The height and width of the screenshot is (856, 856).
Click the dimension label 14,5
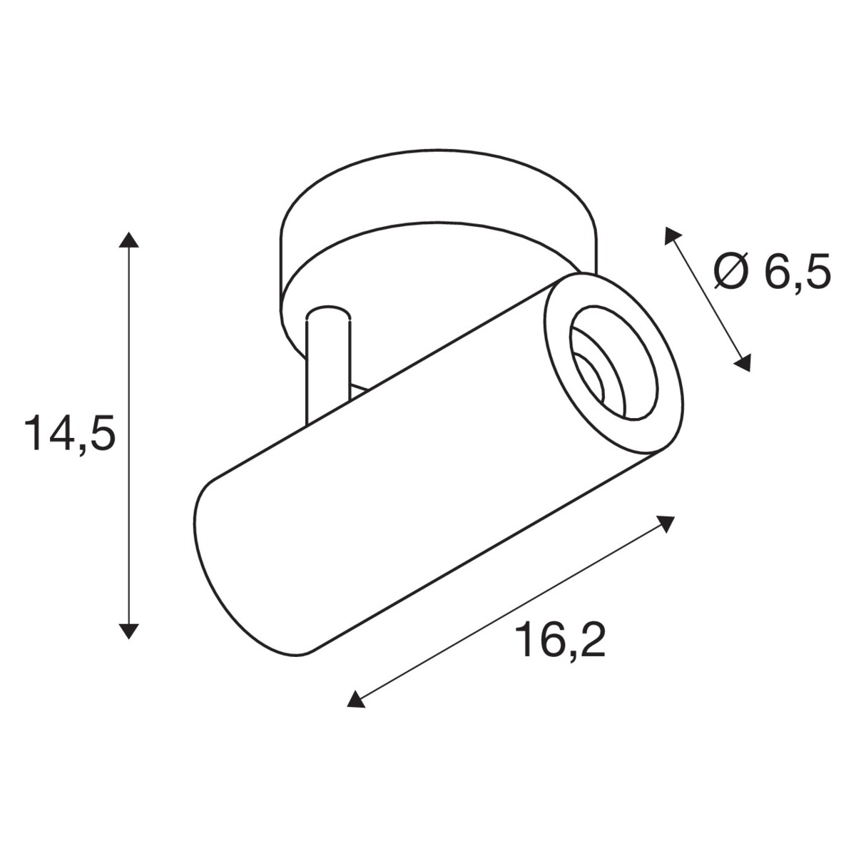pyautogui.click(x=70, y=432)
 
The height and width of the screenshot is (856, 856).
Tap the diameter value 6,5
pyautogui.click(x=797, y=272)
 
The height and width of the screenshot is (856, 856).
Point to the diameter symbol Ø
pyautogui.click(x=732, y=271)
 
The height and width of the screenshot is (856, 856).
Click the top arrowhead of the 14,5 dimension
pyautogui.click(x=129, y=240)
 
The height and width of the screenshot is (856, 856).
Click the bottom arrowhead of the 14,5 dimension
pyautogui.click(x=129, y=631)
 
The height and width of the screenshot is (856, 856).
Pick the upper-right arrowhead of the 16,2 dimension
pyautogui.click(x=665, y=524)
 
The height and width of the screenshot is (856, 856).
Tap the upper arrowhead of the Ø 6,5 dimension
pyautogui.click(x=671, y=235)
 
